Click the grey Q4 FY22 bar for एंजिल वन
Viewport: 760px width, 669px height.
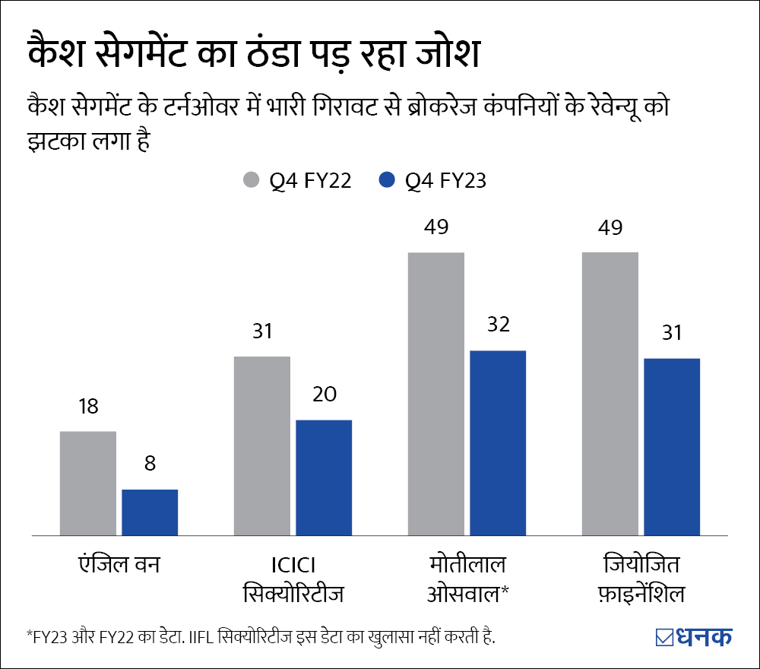pyautogui.click(x=88, y=484)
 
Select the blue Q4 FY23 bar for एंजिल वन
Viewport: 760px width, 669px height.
pyautogui.click(x=150, y=512)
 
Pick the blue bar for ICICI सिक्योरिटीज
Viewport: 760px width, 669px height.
pyautogui.click(x=324, y=477)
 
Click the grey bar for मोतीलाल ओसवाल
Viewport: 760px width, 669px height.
pyautogui.click(x=436, y=394)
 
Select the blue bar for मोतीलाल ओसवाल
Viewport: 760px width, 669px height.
pyautogui.click(x=498, y=443)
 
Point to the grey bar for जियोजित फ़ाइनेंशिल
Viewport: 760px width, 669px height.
pyautogui.click(x=610, y=394)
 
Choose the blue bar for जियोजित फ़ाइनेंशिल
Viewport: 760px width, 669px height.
pyautogui.click(x=672, y=447)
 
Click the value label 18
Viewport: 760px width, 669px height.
pyautogui.click(x=88, y=406)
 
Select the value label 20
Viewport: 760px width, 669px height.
pyautogui.click(x=324, y=395)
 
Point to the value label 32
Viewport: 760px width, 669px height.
pyautogui.click(x=498, y=325)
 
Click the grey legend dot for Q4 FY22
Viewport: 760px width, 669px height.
pyautogui.click(x=250, y=181)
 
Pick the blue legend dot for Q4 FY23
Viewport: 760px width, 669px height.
pyautogui.click(x=388, y=181)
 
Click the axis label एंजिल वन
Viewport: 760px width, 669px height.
pyautogui.click(x=119, y=566)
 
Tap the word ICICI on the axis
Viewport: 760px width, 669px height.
pyautogui.click(x=293, y=566)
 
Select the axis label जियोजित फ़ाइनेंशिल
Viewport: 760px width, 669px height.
pyautogui.click(x=641, y=579)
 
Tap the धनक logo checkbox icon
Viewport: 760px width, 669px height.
pyautogui.click(x=663, y=637)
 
